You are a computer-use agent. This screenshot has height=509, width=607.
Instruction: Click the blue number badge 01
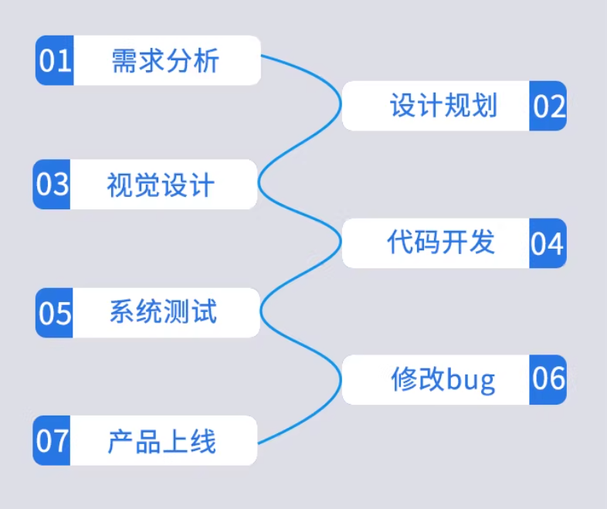(55, 60)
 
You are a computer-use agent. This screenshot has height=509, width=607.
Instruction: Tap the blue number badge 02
(548, 106)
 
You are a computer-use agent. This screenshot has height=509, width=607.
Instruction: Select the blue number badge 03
(53, 185)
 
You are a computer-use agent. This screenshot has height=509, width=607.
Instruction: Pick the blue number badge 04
(548, 243)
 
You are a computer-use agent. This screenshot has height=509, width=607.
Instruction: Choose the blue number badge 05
(55, 313)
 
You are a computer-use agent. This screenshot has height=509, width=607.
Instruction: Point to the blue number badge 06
(548, 379)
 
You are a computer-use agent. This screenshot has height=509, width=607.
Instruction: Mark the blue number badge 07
(53, 441)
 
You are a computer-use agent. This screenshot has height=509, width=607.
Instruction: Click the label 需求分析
(165, 60)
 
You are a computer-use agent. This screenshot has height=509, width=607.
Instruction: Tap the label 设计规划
(443, 106)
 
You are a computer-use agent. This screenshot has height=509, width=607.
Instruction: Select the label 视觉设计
(160, 185)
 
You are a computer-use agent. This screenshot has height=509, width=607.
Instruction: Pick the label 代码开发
(440, 243)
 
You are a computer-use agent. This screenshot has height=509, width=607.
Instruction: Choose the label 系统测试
(163, 312)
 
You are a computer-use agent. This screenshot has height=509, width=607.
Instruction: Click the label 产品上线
(161, 442)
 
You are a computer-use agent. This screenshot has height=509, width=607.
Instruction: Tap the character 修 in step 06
(404, 379)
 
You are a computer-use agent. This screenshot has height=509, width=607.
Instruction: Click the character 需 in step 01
(125, 60)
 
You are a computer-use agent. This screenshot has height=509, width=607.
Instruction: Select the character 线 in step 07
(202, 442)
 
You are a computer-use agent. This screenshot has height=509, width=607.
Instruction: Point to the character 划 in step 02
(483, 106)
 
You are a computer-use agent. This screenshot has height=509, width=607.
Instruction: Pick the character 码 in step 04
(427, 243)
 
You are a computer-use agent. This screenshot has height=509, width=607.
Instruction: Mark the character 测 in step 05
(176, 312)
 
